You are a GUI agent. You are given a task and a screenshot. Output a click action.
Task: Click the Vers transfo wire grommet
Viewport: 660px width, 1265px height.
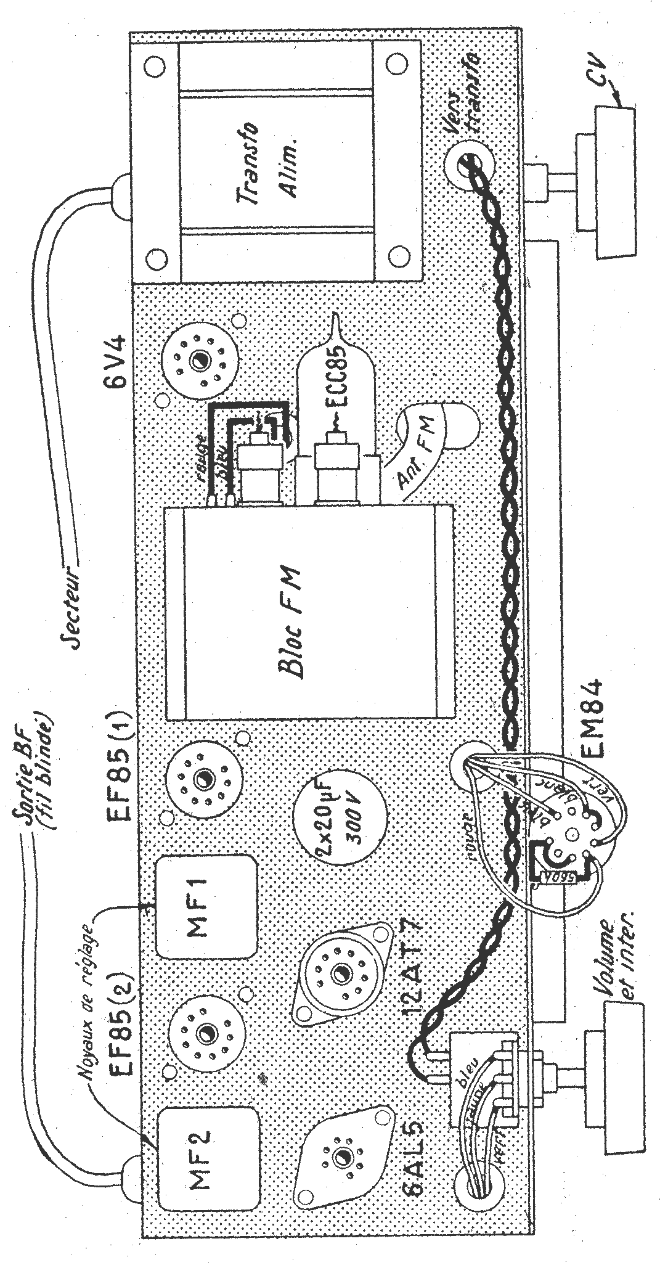(x=470, y=162)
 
